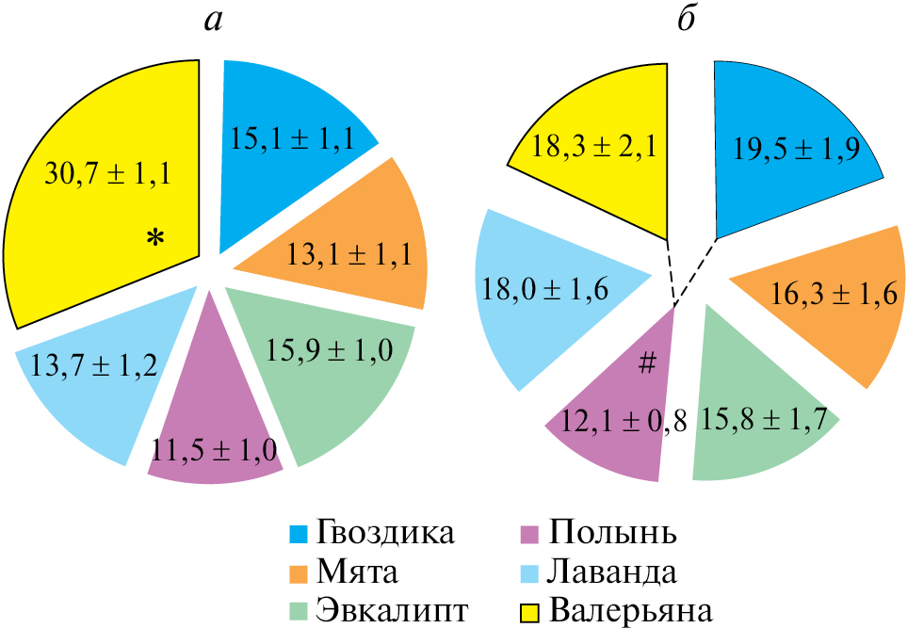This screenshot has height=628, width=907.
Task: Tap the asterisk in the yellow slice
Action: pyautogui.click(x=154, y=240)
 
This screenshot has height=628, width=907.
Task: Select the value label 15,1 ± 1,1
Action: pyautogui.click(x=292, y=139)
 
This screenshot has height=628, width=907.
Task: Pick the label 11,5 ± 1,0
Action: pyautogui.click(x=217, y=449)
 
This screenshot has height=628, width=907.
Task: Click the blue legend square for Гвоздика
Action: pyautogui.click(x=300, y=533)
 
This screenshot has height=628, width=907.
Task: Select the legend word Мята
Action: pyautogui.click(x=357, y=571)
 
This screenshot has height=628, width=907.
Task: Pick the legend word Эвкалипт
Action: pyautogui.click(x=394, y=608)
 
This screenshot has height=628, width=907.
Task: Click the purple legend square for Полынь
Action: pyautogui.click(x=531, y=533)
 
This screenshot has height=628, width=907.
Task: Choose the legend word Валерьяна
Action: pyautogui.click(x=631, y=608)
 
